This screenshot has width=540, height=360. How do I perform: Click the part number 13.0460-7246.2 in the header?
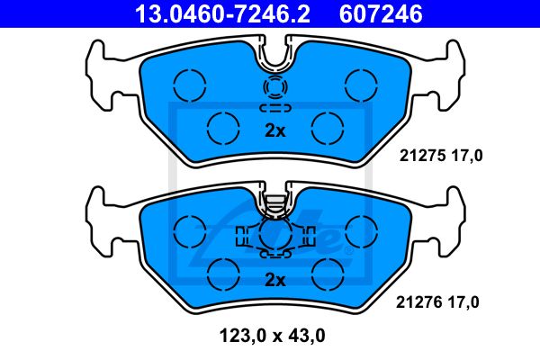(222, 13)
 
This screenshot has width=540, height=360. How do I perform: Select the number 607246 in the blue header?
(381, 13)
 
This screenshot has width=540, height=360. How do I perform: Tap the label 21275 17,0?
(441, 156)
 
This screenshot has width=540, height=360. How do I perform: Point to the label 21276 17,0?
(437, 302)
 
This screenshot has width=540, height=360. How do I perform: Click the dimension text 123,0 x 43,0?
(272, 336)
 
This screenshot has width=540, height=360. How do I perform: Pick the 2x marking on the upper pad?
(275, 130)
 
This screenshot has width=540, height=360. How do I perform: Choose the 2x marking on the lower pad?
(275, 281)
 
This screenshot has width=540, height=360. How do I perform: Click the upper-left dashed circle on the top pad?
(189, 85)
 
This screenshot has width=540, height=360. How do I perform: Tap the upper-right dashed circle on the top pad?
(361, 85)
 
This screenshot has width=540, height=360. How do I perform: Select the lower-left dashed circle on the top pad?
(223, 128)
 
